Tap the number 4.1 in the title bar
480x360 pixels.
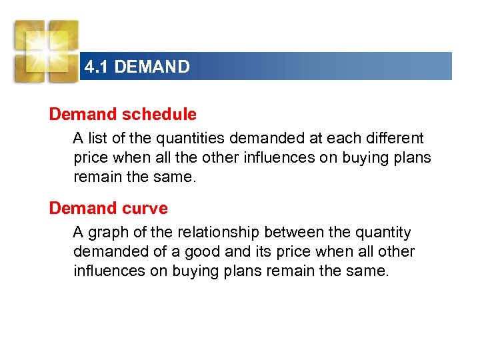pos(97,67)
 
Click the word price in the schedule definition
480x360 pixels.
pos(91,158)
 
